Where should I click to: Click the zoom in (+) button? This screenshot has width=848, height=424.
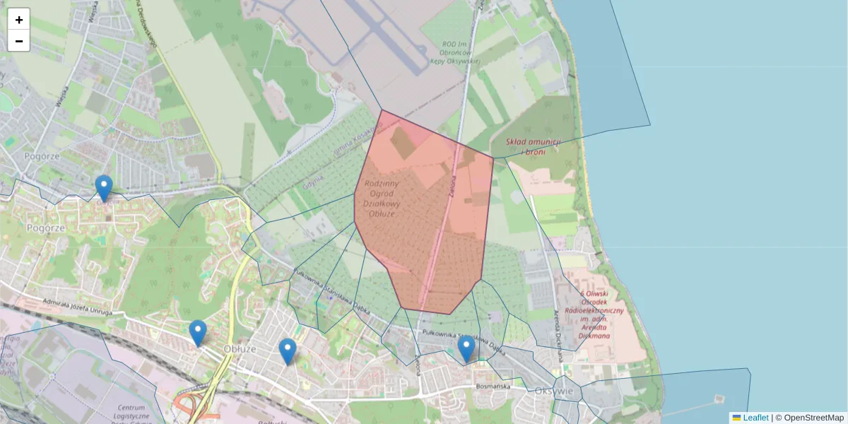coord(19,20)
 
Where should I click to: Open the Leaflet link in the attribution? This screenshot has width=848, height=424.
coord(755,418)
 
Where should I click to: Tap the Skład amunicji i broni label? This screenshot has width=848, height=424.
coord(534,146)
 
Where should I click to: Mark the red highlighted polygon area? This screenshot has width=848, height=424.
coord(424,226)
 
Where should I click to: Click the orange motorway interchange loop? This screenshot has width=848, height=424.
coord(185,406)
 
